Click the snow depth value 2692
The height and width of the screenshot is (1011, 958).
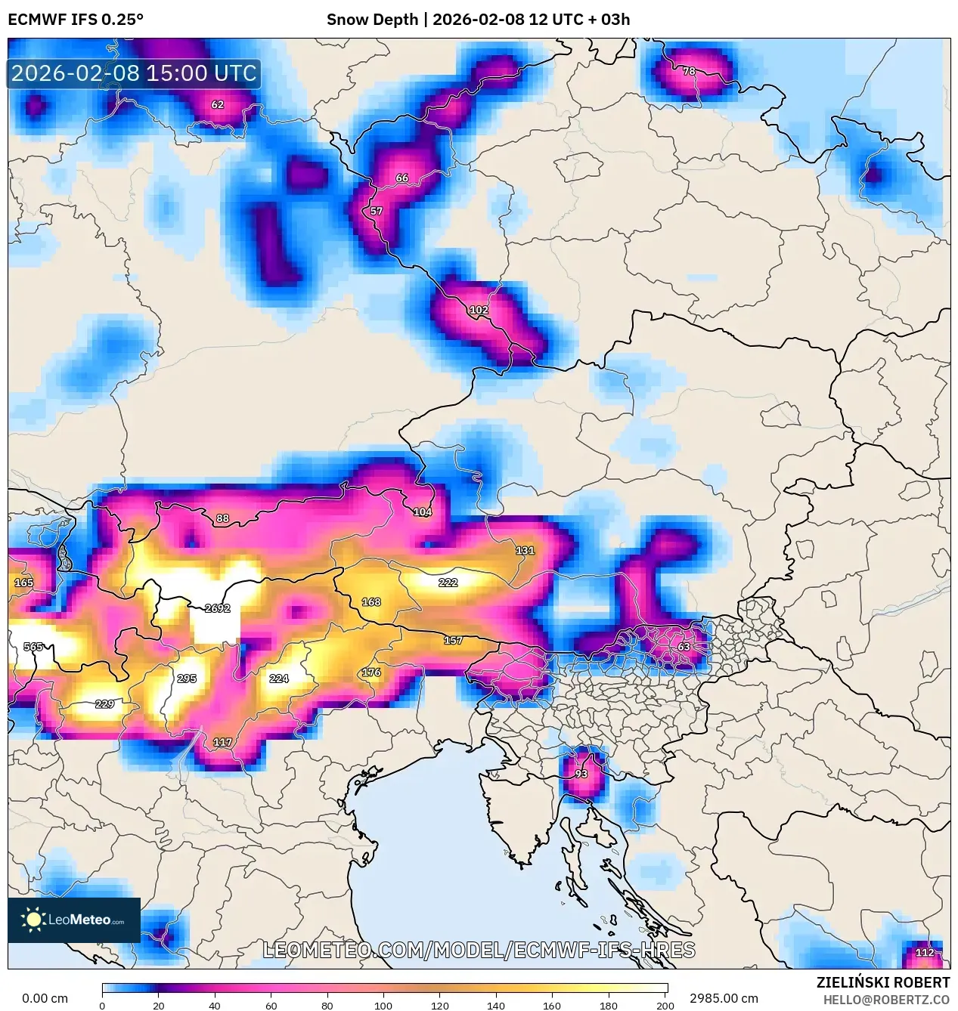[x=217, y=608]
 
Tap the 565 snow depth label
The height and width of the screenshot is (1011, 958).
[x=33, y=647]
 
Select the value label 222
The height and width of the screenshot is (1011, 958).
[x=448, y=583]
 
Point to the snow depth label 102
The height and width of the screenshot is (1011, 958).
[x=479, y=310]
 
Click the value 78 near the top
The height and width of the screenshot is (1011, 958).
[x=689, y=71]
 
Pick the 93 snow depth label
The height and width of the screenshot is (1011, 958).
[x=581, y=774]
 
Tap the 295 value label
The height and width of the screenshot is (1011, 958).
[x=187, y=679]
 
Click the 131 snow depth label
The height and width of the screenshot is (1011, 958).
[x=525, y=550]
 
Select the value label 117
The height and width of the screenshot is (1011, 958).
[x=222, y=742]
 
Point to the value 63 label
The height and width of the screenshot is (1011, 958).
[x=684, y=647]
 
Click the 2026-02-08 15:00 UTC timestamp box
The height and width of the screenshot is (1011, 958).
[x=134, y=73]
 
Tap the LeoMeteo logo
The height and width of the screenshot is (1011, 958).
[x=74, y=920]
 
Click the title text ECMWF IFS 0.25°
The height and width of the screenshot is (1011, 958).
[x=76, y=20]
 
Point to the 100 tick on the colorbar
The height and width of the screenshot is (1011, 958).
[x=383, y=1005]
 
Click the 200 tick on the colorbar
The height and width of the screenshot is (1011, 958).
[x=665, y=1005]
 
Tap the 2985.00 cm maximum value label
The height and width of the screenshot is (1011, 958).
[x=724, y=998]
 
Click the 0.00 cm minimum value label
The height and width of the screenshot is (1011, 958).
[x=45, y=998]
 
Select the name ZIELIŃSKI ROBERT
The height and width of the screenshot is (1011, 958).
[x=882, y=982]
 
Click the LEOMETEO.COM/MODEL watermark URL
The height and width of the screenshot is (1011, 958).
[x=479, y=951]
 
